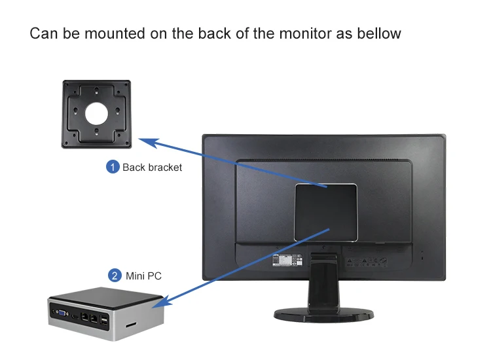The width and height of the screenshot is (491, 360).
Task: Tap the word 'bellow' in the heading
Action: (378, 33)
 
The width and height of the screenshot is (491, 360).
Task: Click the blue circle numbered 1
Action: (113, 167)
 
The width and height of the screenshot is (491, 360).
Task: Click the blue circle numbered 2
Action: (115, 276)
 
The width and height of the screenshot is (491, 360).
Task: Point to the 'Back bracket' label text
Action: (152, 168)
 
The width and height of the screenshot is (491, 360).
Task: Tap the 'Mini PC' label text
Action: (143, 276)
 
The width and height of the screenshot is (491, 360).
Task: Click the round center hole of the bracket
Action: (97, 113)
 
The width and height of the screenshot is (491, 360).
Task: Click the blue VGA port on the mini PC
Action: (60, 315)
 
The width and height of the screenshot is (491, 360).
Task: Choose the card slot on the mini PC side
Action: (130, 324)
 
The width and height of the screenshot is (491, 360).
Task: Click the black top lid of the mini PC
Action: (105, 295)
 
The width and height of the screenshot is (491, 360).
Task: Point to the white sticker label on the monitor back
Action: (285, 260)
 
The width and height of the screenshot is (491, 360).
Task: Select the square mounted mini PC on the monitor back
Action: (325, 211)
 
